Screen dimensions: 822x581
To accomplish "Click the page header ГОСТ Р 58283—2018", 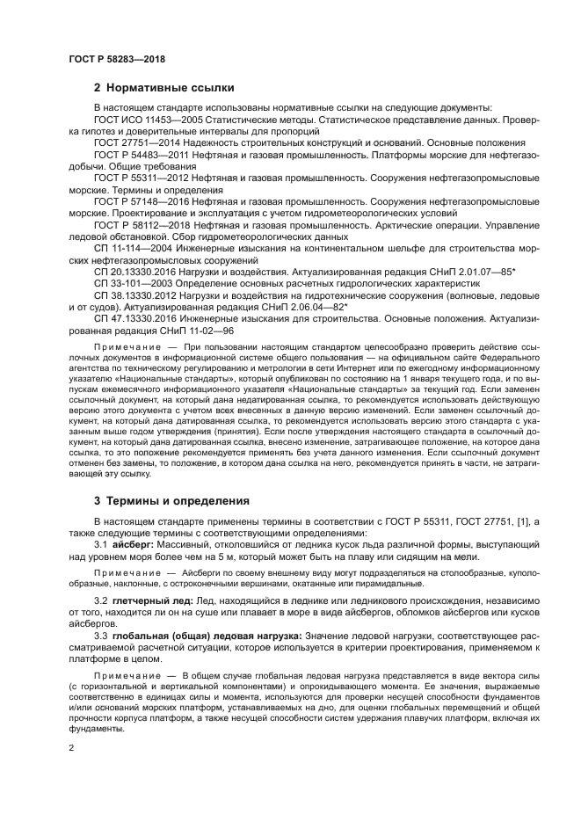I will (116, 59).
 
